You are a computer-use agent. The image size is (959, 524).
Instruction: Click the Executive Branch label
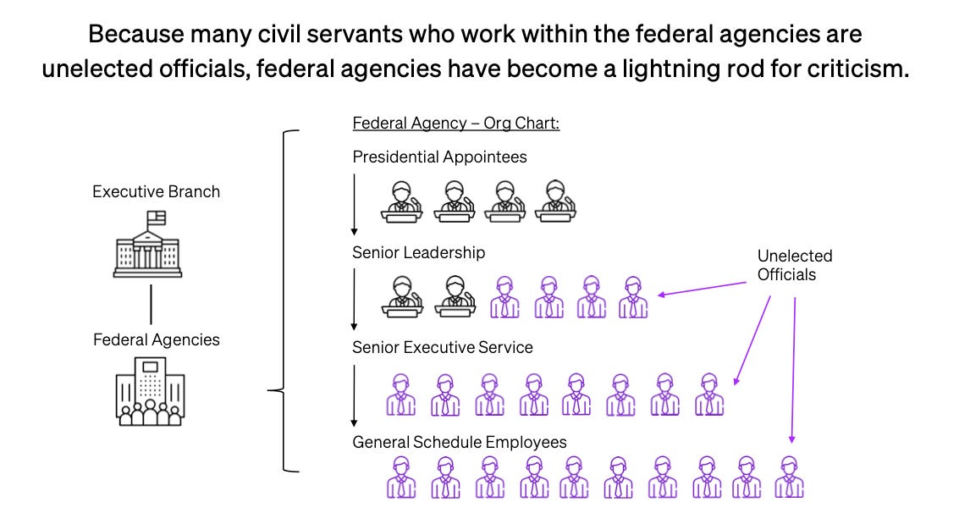click(x=156, y=191)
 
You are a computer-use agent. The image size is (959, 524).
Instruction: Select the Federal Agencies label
click(x=156, y=339)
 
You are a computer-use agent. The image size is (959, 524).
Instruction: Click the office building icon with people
click(x=150, y=390)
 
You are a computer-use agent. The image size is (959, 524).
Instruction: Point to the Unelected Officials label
click(x=795, y=264)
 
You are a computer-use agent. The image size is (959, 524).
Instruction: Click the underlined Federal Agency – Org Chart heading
click(x=455, y=124)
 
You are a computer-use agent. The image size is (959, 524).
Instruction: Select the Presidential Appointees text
click(x=439, y=157)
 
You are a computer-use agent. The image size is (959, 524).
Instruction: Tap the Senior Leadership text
click(x=419, y=252)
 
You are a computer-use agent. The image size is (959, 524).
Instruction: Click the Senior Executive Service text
click(x=443, y=347)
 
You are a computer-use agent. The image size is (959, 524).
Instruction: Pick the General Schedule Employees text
click(x=460, y=442)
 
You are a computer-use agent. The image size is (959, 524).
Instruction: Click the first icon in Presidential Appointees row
click(x=402, y=201)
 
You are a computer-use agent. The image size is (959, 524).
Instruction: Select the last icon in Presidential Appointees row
click(x=556, y=201)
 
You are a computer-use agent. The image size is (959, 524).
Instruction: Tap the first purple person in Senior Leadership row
click(x=504, y=297)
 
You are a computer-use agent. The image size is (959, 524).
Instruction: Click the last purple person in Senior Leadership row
click(x=633, y=297)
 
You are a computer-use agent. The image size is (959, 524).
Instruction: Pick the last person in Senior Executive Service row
click(x=709, y=394)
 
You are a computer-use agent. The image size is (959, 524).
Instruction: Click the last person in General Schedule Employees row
click(x=789, y=477)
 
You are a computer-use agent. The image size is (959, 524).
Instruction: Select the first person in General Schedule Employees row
click(x=400, y=477)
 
